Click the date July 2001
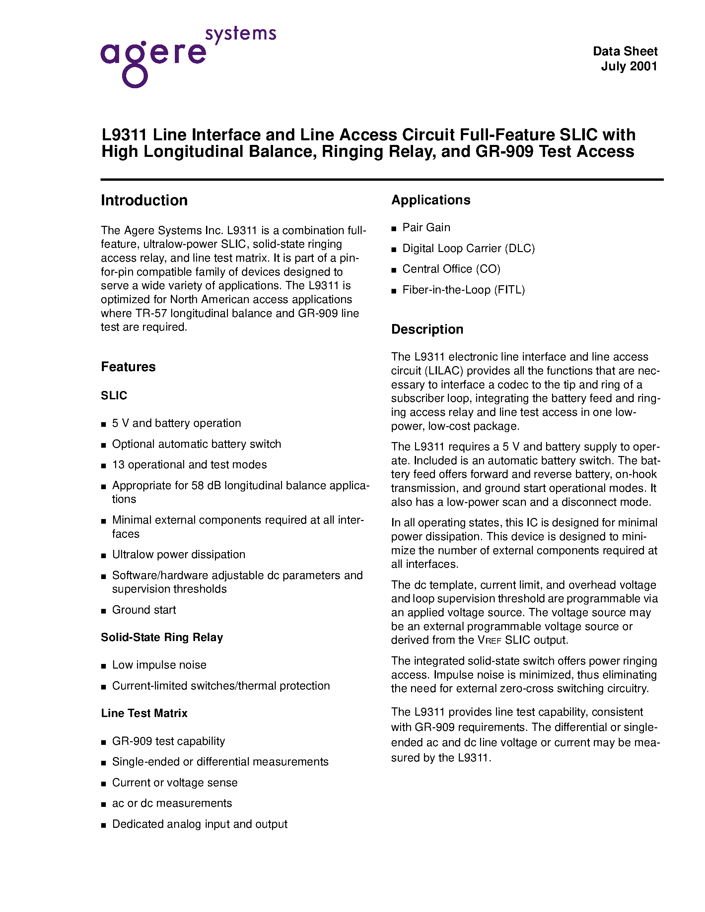[629, 66]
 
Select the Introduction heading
[144, 200]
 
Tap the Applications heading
[431, 200]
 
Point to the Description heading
[427, 329]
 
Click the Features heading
[128, 367]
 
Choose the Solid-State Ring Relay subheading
[162, 637]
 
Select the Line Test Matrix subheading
[144, 713]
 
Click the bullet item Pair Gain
[426, 228]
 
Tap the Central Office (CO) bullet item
[451, 269]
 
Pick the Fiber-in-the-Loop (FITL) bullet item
[463, 290]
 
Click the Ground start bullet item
[144, 610]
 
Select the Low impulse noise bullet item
[159, 665]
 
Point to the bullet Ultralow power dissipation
[178, 554]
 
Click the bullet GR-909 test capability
[168, 741]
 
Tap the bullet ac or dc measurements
[172, 804]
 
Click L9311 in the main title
[124, 135]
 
